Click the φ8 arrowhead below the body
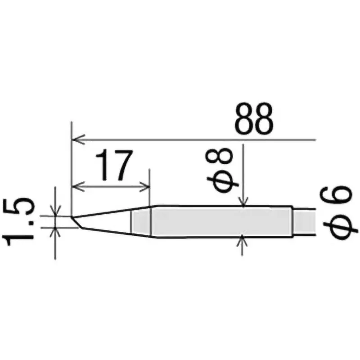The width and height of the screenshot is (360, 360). pyautogui.click(x=243, y=240)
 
